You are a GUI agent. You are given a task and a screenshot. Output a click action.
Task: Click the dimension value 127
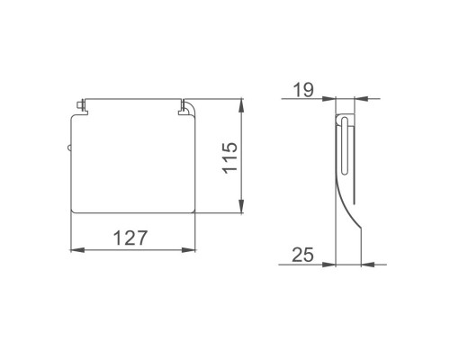pos(130,238)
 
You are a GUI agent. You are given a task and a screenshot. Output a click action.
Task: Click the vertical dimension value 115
pos(230,157)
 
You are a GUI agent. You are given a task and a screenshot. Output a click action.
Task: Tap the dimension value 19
pos(303,90)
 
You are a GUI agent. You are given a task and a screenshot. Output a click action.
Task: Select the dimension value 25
pos(302,255)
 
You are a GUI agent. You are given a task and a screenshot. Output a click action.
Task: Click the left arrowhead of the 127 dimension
pos(77,249)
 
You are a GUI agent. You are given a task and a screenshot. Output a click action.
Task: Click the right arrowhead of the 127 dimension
pos(188,249)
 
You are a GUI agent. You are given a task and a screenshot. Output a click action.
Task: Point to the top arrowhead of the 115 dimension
pos(241,105)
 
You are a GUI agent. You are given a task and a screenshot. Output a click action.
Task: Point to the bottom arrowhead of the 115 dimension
pos(241,206)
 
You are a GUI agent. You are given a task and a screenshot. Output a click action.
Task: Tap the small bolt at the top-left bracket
pos(80,105)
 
